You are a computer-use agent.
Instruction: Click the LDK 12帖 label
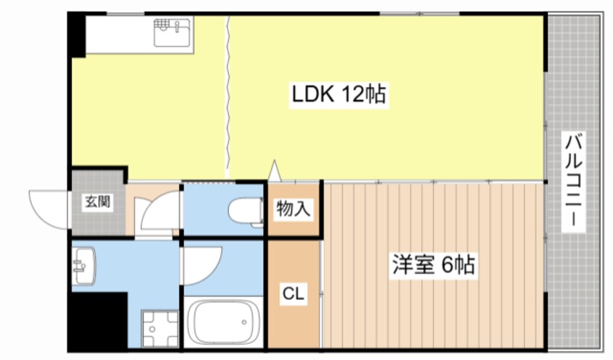point(339,94)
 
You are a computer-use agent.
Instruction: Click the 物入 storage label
point(293,209)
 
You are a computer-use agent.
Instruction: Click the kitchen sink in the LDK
point(173,33)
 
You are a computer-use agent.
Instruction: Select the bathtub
point(224,323)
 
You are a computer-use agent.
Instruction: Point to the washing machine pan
point(159,330)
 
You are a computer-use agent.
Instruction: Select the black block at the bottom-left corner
point(98,322)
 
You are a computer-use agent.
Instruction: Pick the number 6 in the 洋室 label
point(444,265)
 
